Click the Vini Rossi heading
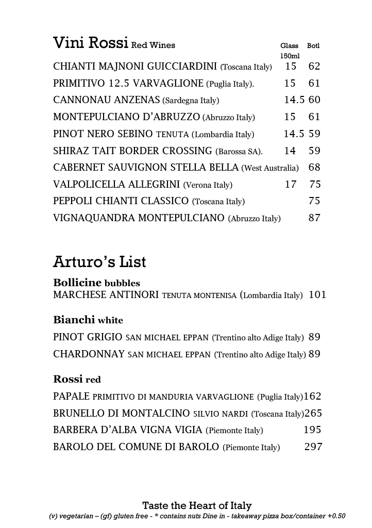(x=90, y=43)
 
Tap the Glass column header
(x=289, y=46)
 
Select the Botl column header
(x=313, y=46)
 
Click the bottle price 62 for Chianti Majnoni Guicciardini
(x=314, y=67)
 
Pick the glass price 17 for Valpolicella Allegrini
(x=291, y=185)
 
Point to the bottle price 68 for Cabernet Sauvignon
(x=314, y=168)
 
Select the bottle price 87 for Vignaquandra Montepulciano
(x=314, y=218)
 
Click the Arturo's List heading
(x=99, y=262)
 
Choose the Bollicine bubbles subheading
(x=96, y=283)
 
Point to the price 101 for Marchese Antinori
(x=317, y=295)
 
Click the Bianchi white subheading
(x=88, y=320)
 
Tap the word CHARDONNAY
(x=89, y=354)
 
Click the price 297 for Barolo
(x=313, y=447)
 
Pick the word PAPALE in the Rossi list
(x=72, y=397)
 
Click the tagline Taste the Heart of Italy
(x=197, y=506)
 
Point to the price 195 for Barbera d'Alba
(x=312, y=430)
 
